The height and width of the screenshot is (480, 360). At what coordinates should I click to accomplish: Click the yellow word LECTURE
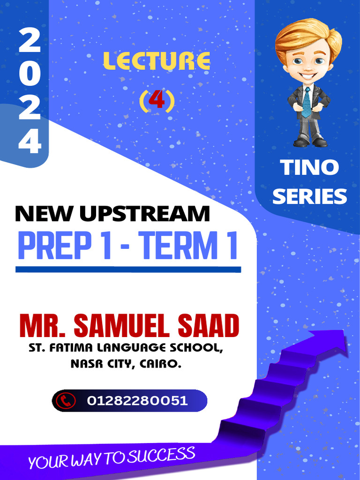157,61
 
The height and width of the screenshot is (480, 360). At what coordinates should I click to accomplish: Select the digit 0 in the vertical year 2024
30,75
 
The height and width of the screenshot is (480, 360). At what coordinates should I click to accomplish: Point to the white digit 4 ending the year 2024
30,141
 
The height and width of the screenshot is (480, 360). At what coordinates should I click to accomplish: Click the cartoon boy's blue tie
306,102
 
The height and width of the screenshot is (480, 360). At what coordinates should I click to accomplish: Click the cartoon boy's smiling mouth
308,75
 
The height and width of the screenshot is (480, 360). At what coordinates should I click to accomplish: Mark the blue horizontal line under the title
128,270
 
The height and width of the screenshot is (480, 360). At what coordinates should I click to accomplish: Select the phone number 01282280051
137,401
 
